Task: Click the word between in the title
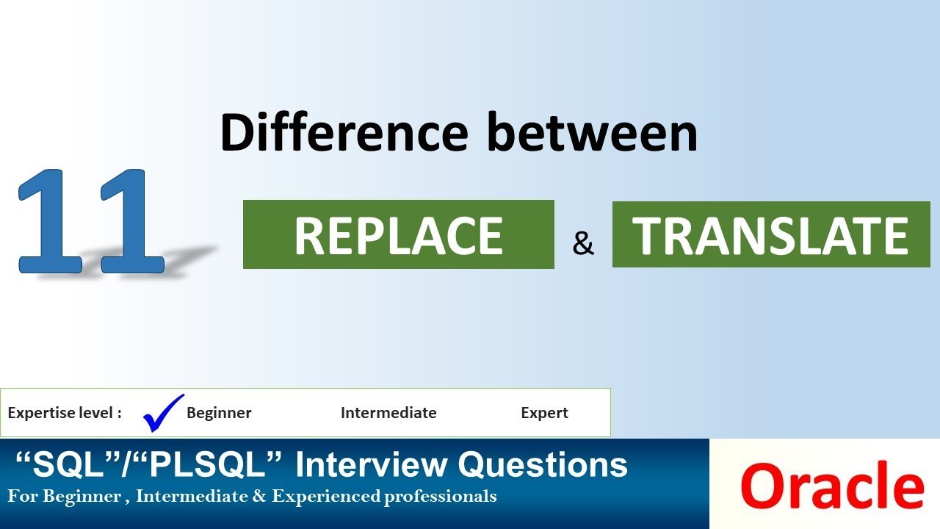tap(593, 133)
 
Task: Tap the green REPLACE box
tap(398, 234)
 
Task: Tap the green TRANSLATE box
tap(771, 234)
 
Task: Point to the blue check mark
tap(162, 412)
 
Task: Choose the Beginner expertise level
tap(219, 413)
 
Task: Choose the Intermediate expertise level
tap(388, 413)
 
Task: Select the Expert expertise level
tap(544, 413)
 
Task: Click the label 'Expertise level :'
tap(65, 413)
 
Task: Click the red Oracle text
tap(831, 486)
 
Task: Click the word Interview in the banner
tap(372, 465)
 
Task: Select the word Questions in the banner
tap(543, 465)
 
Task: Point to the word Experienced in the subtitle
tap(325, 497)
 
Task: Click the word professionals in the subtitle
tap(440, 497)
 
